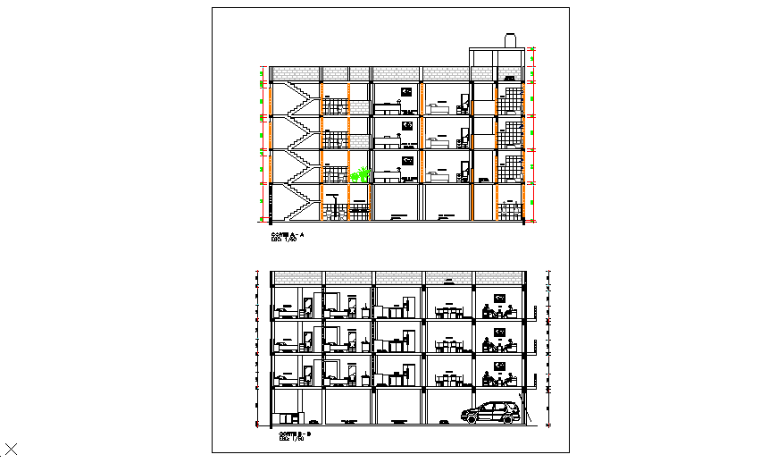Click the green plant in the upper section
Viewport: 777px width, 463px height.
coord(360,173)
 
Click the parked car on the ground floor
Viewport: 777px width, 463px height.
coord(490,412)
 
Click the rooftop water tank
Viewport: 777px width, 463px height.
coord(511,40)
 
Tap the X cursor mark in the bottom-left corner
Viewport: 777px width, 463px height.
coord(12,450)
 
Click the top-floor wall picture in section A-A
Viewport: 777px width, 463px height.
coord(407,91)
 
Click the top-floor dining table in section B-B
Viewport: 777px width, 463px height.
coord(448,311)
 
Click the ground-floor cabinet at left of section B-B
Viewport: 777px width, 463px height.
coord(288,417)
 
